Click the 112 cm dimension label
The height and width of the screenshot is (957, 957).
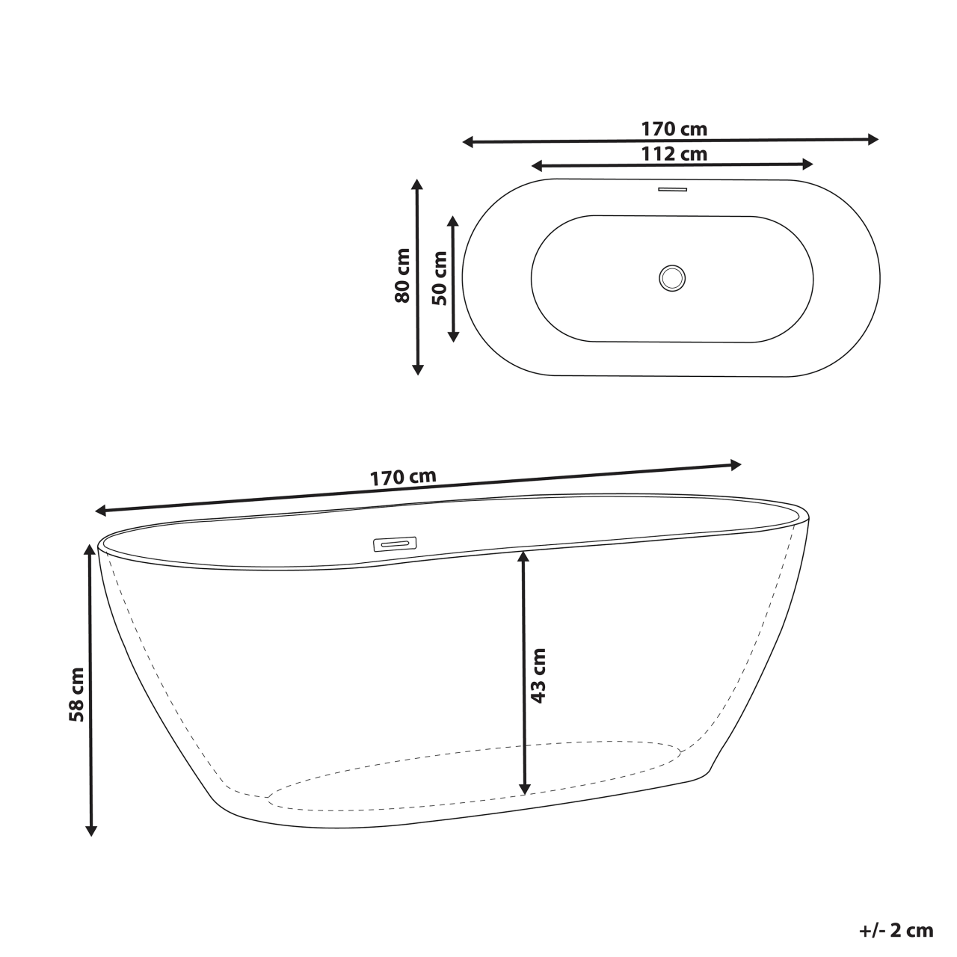(x=674, y=154)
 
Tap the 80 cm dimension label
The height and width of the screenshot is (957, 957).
(x=402, y=275)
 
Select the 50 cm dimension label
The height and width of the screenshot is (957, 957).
(x=440, y=277)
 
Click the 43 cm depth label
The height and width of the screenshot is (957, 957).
(x=538, y=676)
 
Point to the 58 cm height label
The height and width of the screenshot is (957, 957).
(x=76, y=704)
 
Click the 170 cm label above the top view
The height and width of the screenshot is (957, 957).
(x=674, y=129)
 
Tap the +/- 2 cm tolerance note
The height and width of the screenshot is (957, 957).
(x=896, y=931)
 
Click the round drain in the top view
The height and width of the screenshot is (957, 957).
(x=672, y=277)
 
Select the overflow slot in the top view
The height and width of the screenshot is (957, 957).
(x=672, y=189)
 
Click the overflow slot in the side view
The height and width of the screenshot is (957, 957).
(x=394, y=543)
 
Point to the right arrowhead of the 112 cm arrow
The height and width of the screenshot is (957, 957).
(x=807, y=164)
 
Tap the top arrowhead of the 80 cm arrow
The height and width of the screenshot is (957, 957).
(x=418, y=185)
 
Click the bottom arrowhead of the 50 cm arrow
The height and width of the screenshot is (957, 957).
(x=452, y=336)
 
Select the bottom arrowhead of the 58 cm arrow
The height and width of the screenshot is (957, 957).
(x=91, y=830)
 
